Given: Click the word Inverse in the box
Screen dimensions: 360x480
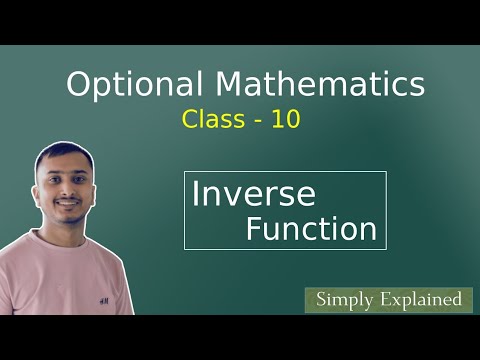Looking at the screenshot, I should tap(253, 193).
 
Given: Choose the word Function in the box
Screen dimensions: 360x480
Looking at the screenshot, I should tap(311, 229).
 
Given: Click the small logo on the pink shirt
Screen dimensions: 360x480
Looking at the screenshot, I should tap(103, 297).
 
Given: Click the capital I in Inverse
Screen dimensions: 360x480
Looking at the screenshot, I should tap(196, 193).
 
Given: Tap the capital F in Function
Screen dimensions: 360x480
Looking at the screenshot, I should tap(254, 229).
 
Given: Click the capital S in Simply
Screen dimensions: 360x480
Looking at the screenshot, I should tap(320, 298).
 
